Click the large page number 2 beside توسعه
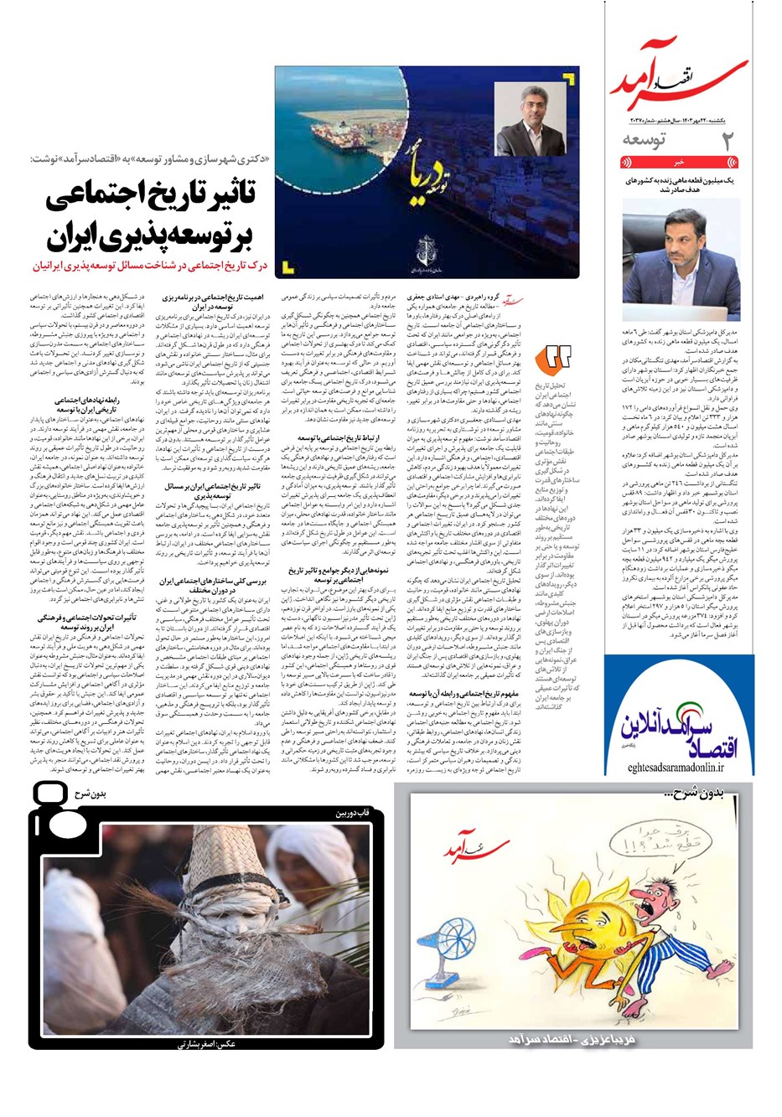(x=728, y=142)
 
